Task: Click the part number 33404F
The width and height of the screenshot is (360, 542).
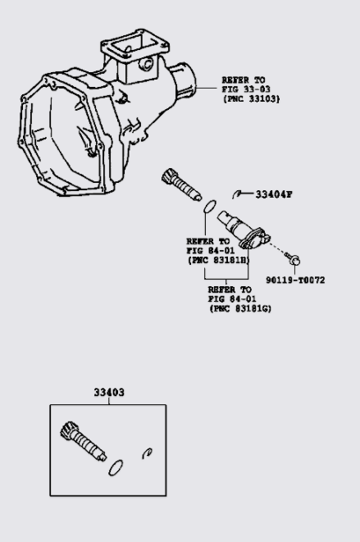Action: pos(274,194)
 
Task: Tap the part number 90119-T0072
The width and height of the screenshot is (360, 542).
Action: pos(295,280)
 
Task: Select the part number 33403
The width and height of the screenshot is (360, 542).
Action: pos(109,392)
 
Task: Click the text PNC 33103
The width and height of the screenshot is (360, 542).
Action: pos(251,99)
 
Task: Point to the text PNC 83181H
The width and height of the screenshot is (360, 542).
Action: pos(219,260)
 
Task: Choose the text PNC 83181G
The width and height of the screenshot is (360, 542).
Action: pos(241,308)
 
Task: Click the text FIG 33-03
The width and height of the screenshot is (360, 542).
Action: pos(246,89)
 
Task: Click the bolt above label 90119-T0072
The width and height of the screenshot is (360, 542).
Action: pos(293,259)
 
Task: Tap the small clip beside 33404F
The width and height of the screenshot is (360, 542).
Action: pos(236,194)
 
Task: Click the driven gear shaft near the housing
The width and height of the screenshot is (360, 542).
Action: pos(181,184)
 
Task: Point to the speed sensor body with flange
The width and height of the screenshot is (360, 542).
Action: pos(244,230)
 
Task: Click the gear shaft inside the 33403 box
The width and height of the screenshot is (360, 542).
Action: pos(84,441)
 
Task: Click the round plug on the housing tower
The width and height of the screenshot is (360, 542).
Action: pos(146,64)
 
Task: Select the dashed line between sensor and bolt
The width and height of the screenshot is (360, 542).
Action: pos(277,248)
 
